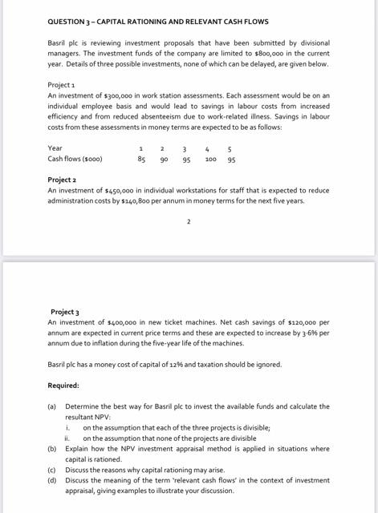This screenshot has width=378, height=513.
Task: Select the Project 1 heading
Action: tap(60, 84)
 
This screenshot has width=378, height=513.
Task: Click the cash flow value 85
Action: tap(141, 159)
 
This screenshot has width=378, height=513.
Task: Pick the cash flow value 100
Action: tap(210, 159)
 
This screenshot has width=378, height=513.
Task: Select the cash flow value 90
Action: tap(164, 159)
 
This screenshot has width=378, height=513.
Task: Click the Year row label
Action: tap(55, 148)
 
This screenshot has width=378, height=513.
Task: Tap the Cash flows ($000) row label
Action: tap(75, 159)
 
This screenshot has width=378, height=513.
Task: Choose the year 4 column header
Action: tap(208, 148)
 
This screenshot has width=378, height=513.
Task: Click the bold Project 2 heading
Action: tap(63, 180)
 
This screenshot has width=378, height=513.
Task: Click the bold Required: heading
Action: tap(63, 386)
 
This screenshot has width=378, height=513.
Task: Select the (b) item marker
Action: tap(52, 449)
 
